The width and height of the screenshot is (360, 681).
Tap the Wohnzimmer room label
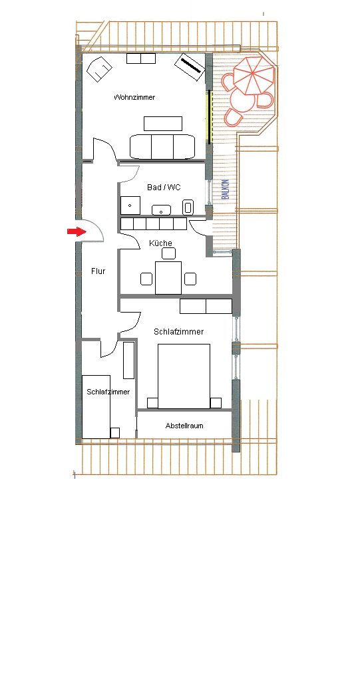tap(134, 97)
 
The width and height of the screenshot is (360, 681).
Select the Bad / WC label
tap(164, 187)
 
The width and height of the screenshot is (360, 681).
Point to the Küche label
tap(160, 243)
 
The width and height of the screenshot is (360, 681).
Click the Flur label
tap(98, 271)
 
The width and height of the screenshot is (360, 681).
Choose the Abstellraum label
tap(184, 426)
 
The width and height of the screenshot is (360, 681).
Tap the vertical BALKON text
tap(225, 190)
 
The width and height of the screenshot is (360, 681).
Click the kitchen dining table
tap(168, 277)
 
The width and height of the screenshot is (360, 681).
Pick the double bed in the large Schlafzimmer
tap(184, 376)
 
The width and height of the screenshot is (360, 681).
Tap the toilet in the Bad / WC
tap(188, 207)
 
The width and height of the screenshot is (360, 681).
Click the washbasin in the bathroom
tap(161, 210)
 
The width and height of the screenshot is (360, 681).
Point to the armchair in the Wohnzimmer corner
tap(99, 68)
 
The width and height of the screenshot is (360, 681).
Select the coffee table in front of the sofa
tap(163, 123)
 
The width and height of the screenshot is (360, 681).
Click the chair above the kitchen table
tap(168, 253)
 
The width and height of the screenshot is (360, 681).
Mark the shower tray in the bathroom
tap(130, 205)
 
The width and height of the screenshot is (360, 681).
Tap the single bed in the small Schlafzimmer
tap(96, 406)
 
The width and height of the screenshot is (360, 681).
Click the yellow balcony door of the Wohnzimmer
tap(209, 116)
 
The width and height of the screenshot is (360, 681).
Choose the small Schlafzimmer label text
tap(108, 392)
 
